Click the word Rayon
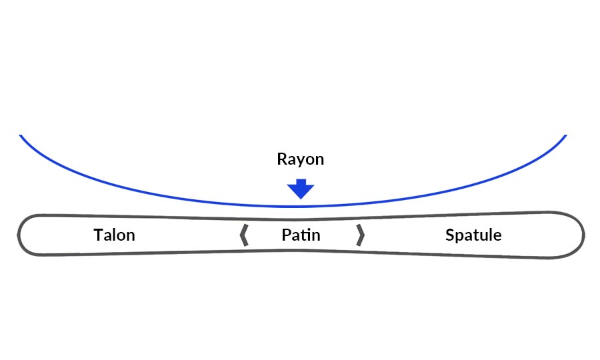[300, 159]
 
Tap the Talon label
[114, 235]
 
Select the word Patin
[301, 235]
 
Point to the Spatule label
[473, 235]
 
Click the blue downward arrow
[301, 189]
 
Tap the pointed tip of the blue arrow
[301, 198]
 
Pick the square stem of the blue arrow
[301, 183]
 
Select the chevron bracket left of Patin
[244, 235]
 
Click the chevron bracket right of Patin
[360, 235]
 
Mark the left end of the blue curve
[21, 136]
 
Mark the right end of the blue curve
[565, 136]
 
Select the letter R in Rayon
[281, 159]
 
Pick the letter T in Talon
[98, 235]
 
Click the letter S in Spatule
[450, 235]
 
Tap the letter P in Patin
[286, 235]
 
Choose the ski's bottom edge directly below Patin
[301, 250]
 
